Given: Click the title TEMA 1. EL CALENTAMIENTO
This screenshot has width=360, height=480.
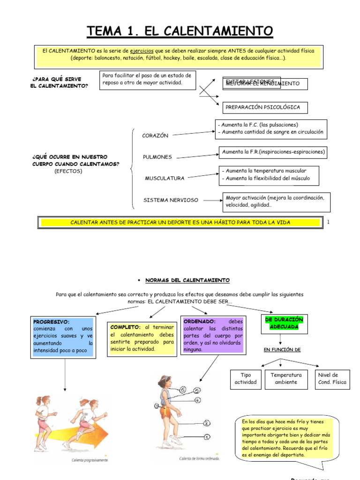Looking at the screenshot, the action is coord(180,31).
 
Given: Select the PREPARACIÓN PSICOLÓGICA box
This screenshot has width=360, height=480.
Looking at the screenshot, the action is coord(262,107).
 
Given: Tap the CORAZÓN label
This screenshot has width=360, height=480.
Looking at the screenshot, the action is coord(155,135).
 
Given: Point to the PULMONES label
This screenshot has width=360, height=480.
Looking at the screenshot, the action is coord(157,157).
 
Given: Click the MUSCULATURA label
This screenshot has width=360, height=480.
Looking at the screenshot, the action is coord(165,178).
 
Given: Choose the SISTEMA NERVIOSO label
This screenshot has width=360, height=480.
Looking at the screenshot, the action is coord(171,200).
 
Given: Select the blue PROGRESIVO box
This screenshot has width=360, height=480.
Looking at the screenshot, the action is coord(63,337).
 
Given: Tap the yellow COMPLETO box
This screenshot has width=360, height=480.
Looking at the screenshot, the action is coord(142,338).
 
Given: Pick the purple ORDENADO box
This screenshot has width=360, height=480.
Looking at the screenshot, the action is coord(213,336).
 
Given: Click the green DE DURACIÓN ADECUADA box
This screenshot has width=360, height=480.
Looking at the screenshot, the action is coord(284,323).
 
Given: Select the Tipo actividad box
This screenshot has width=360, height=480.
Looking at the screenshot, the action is coord(246,378).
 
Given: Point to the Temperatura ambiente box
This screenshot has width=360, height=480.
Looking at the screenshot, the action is coord(286,378).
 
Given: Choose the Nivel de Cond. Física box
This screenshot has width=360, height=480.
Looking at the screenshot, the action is coord(332,378).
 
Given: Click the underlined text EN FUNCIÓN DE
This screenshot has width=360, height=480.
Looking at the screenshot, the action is coord(282,350).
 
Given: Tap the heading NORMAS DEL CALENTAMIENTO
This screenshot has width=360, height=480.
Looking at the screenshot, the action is coord(187,280).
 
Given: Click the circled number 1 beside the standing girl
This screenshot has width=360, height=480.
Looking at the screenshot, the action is coord(207,437).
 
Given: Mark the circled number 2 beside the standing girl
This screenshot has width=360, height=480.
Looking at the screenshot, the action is coord(207,423).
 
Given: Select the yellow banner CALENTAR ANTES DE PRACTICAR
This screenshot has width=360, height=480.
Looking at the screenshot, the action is coord(180,222).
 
